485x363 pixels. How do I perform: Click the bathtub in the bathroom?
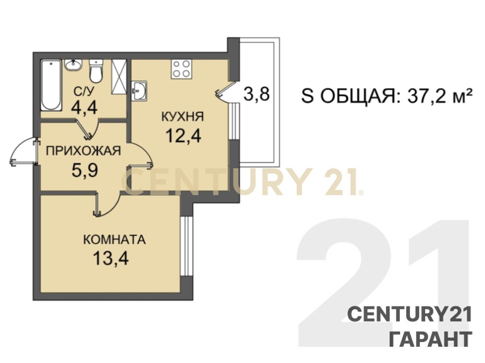click(51, 85)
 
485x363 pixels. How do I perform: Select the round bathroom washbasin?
click(74, 65)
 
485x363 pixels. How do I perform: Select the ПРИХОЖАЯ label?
click(83, 151)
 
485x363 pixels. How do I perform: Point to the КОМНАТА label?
click(114, 239)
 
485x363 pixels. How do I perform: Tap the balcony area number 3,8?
click(257, 94)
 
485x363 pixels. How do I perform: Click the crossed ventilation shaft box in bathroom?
click(119, 77)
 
